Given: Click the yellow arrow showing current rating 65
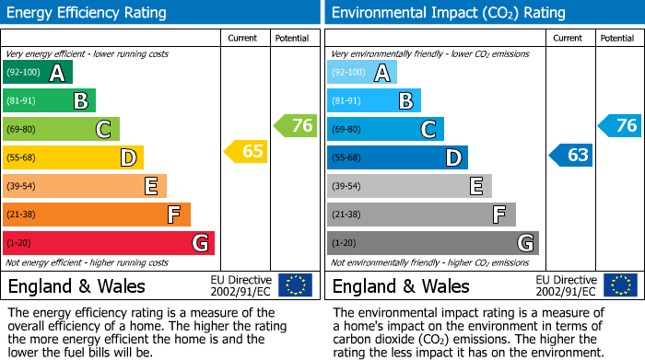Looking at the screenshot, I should (x=246, y=151).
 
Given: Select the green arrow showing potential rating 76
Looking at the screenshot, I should (x=296, y=125).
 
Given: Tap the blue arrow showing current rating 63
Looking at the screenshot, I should (x=570, y=155).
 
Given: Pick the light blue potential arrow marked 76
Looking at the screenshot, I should (x=620, y=125).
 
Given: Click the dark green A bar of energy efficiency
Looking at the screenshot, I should (x=38, y=73).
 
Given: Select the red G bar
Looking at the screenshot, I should (x=109, y=243).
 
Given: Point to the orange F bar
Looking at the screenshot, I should (x=97, y=215).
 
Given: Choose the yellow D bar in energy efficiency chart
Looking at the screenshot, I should (x=73, y=157).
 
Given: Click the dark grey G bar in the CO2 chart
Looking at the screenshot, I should (x=432, y=243).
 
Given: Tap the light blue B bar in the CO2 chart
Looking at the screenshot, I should (x=374, y=100).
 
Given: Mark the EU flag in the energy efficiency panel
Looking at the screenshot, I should (x=295, y=285).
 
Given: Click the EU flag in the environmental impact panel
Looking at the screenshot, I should (x=619, y=285).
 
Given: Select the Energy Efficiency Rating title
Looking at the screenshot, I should (x=88, y=13).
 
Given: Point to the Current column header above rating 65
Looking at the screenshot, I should (x=244, y=38).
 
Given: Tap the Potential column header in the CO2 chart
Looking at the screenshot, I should (x=617, y=38).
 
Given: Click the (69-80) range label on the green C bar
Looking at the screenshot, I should (x=22, y=130).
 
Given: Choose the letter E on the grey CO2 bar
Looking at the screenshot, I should (x=475, y=186).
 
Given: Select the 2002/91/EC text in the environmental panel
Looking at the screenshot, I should (x=565, y=291).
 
